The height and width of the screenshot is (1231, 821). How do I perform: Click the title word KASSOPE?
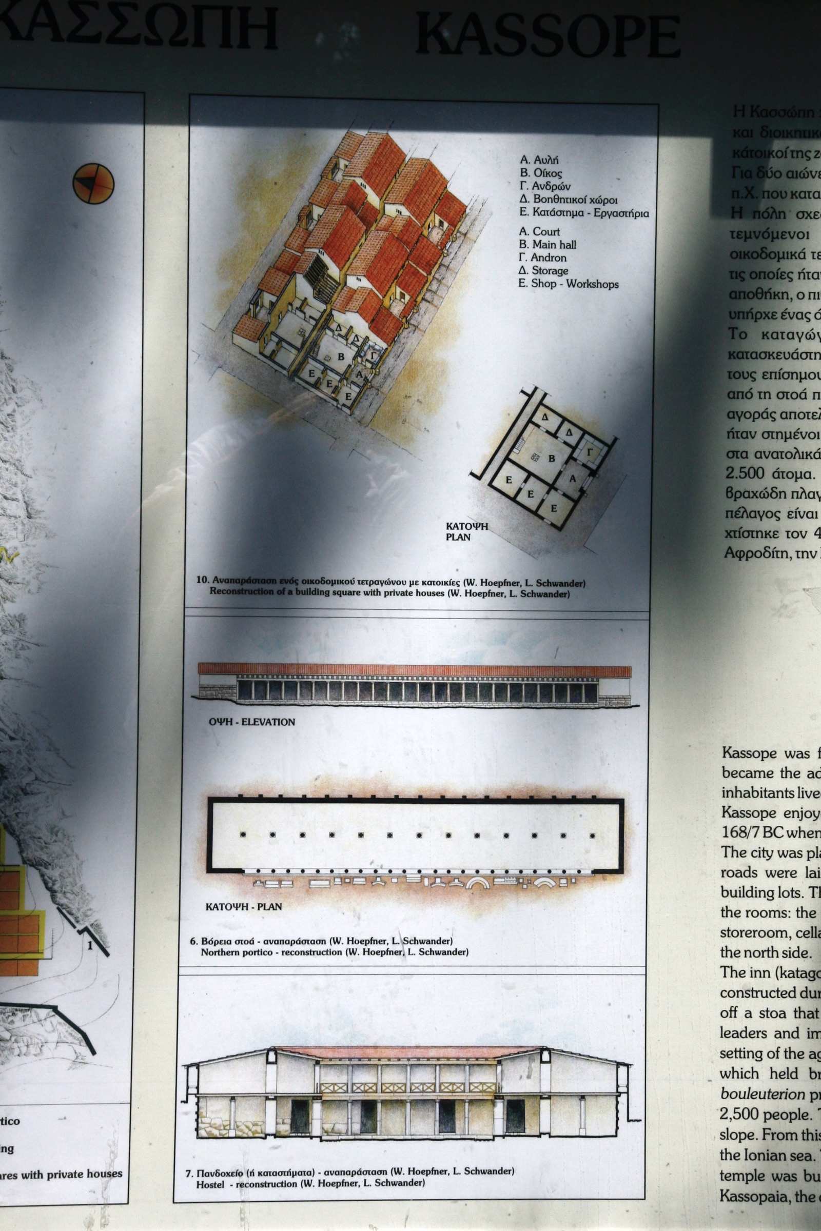[x=547, y=35]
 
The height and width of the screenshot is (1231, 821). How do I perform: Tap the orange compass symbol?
[x=93, y=183]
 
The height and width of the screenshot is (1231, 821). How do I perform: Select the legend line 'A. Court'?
[x=539, y=231]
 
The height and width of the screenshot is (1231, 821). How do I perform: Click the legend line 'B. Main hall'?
[x=547, y=245]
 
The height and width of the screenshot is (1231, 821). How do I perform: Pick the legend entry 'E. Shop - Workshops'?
[x=568, y=284]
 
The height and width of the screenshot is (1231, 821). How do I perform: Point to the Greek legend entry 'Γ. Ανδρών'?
[x=544, y=186]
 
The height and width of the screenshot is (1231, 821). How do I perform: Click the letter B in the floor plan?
[x=551, y=459]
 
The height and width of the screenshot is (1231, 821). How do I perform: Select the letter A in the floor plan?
[x=572, y=479]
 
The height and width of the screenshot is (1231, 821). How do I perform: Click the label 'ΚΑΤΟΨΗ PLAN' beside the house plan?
[x=466, y=531]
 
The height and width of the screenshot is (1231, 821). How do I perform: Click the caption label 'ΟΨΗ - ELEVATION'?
[x=252, y=722]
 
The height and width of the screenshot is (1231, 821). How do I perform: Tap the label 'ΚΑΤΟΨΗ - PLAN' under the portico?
[x=243, y=906]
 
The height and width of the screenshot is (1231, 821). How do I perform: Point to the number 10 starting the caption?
[x=202, y=580]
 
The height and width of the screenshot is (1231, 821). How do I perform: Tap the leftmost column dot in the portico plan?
[x=243, y=835]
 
